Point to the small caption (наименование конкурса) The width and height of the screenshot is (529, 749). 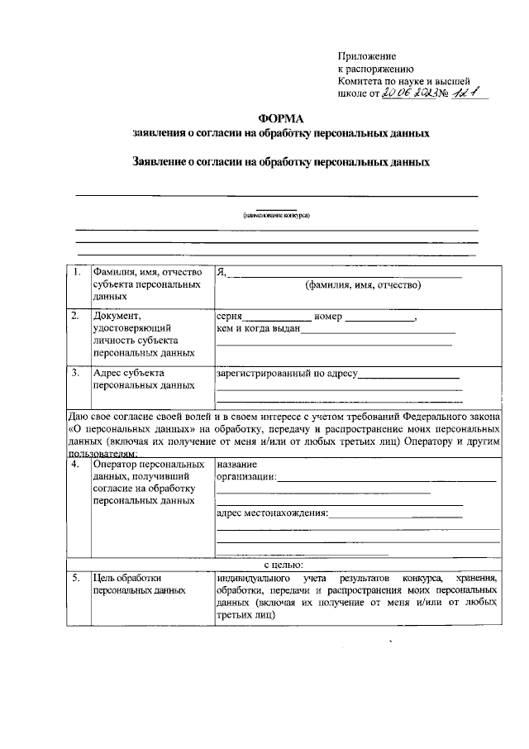tap(276, 214)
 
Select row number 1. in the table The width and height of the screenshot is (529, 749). tap(77, 272)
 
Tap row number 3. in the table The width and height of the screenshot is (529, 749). tap(77, 373)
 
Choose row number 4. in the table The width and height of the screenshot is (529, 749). tap(77, 465)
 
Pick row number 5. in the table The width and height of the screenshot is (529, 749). tap(77, 579)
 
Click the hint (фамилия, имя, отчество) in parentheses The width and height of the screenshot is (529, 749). tap(363, 285)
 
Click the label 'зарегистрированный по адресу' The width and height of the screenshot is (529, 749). tap(286, 374)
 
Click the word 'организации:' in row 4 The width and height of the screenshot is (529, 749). tap(246, 477)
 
